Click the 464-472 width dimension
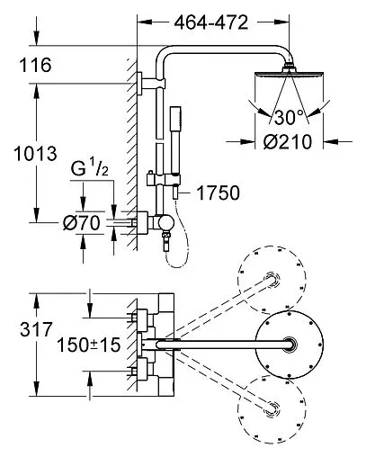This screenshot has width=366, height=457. coord(211,22)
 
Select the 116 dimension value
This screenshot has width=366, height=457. coord(35,65)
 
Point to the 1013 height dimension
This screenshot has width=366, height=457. coord(35,154)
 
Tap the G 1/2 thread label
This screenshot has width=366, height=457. coord(89,169)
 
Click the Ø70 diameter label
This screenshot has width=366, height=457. coord(81,223)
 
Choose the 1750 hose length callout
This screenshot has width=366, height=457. coord(218,193)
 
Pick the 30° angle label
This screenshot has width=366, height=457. coord(289,117)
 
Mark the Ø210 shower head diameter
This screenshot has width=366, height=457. coord(288,141)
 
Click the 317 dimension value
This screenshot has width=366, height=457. coord(36,329)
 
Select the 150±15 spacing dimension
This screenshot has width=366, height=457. coord(88,345)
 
